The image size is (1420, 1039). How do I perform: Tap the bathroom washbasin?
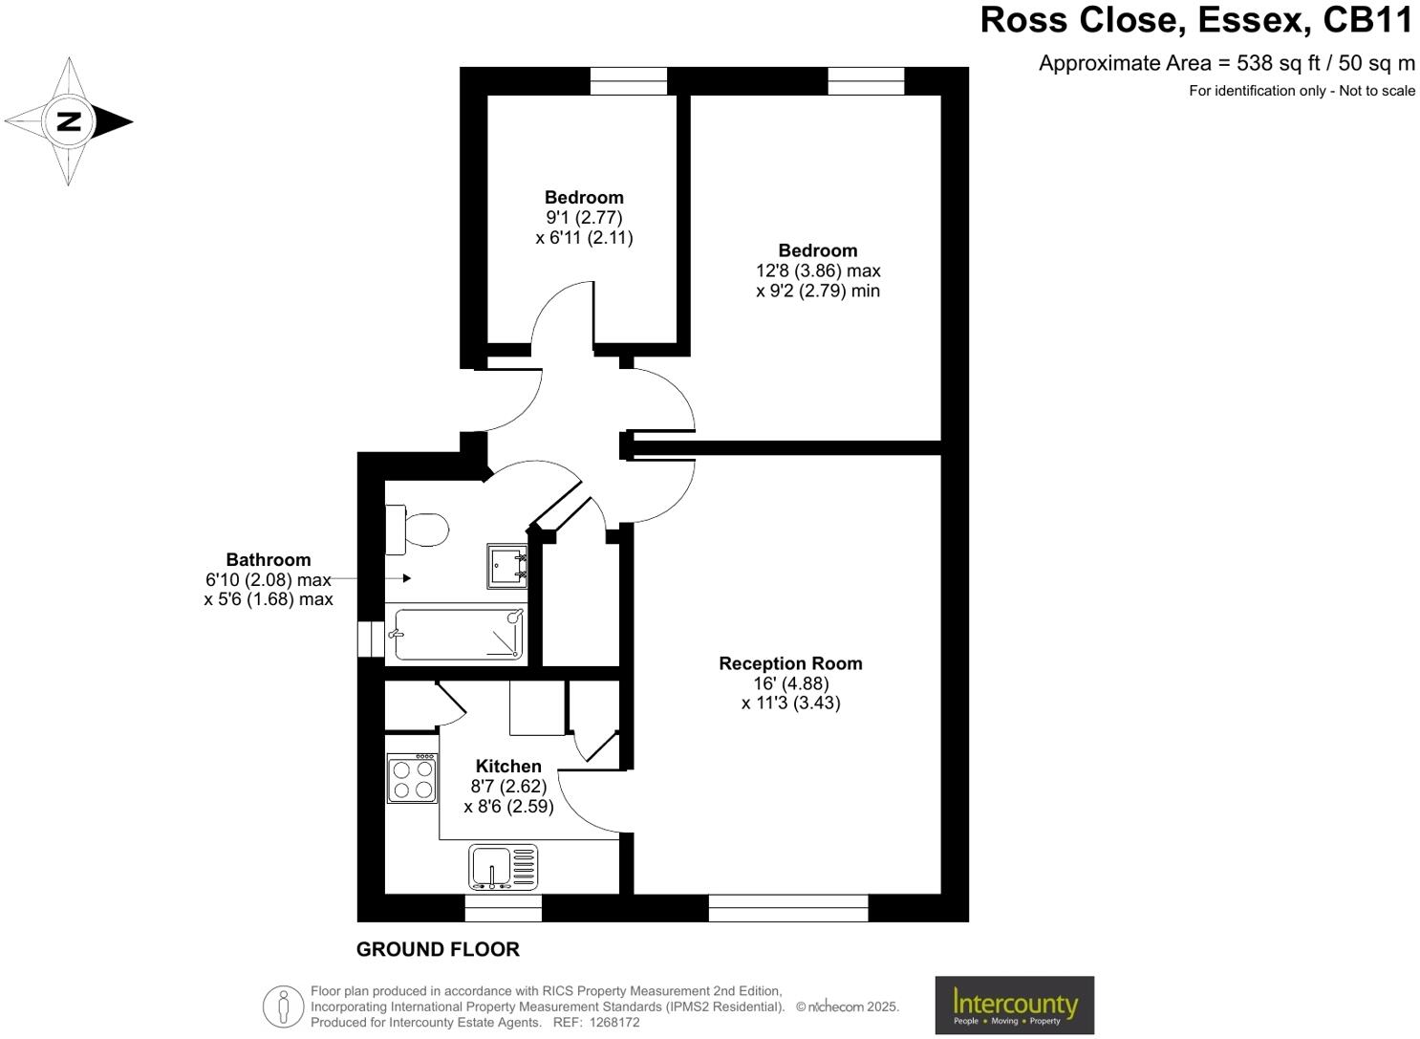tap(506, 565)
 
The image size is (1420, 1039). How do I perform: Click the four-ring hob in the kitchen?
tap(413, 778)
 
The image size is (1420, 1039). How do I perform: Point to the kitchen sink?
tap(503, 867)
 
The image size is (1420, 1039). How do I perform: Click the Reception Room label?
tap(790, 663)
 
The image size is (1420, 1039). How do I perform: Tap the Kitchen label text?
tap(508, 766)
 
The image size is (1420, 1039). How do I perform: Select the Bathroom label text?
tap(268, 560)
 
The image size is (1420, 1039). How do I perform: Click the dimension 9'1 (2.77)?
tap(584, 218)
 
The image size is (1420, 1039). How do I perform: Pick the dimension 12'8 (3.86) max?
tap(818, 271)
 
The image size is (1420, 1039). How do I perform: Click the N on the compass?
tap(69, 121)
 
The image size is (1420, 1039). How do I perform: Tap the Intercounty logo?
tap(1014, 1005)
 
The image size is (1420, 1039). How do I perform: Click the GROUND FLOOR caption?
tap(438, 949)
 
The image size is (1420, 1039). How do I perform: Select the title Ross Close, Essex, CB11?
tap(1196, 21)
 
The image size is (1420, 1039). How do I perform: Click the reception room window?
tap(788, 908)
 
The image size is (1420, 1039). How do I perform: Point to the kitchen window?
tap(503, 908)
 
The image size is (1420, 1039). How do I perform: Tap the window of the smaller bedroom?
tap(628, 81)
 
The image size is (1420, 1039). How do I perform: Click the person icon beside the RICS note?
tap(283, 1007)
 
